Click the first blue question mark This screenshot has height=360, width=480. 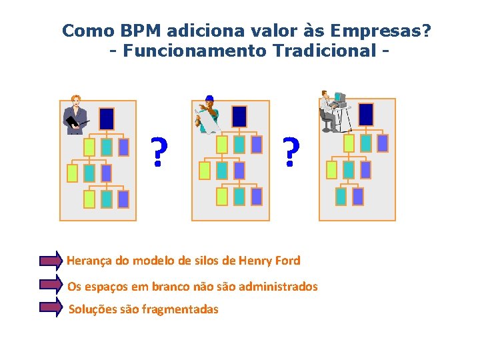tap(158, 153)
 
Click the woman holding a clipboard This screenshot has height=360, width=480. tap(75, 114)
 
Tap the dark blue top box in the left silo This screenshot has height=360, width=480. tap(107, 119)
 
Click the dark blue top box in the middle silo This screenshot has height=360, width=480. tap(239, 116)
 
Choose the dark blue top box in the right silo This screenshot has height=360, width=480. tap(366, 114)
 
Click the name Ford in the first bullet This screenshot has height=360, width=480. tap(287, 261)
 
